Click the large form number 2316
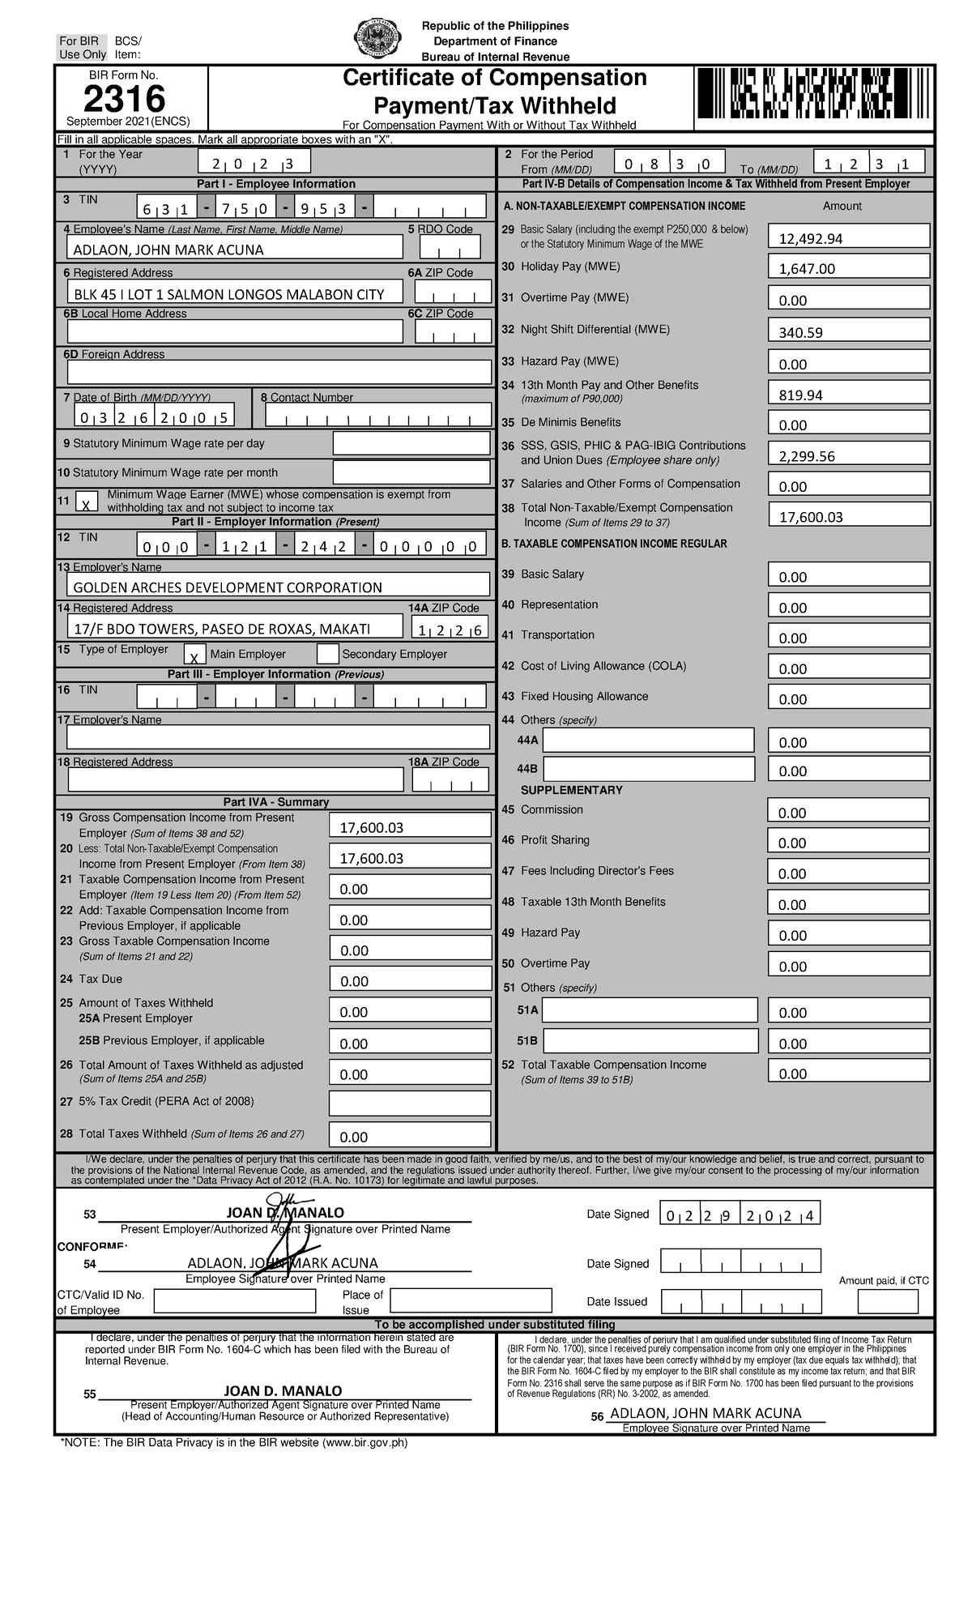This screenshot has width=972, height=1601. [x=124, y=100]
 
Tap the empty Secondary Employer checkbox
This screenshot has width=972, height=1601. [x=327, y=653]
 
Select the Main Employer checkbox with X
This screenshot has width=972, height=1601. [x=194, y=655]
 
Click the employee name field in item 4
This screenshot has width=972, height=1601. [x=235, y=249]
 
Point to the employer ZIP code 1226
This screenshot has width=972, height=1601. [x=450, y=629]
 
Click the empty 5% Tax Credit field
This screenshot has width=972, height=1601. [x=410, y=1103]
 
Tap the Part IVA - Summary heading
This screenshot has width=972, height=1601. [x=275, y=802]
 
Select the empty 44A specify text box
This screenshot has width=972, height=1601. [x=648, y=740]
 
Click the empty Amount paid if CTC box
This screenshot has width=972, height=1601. [x=888, y=1301]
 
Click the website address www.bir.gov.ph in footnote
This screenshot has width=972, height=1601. [x=364, y=1442]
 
